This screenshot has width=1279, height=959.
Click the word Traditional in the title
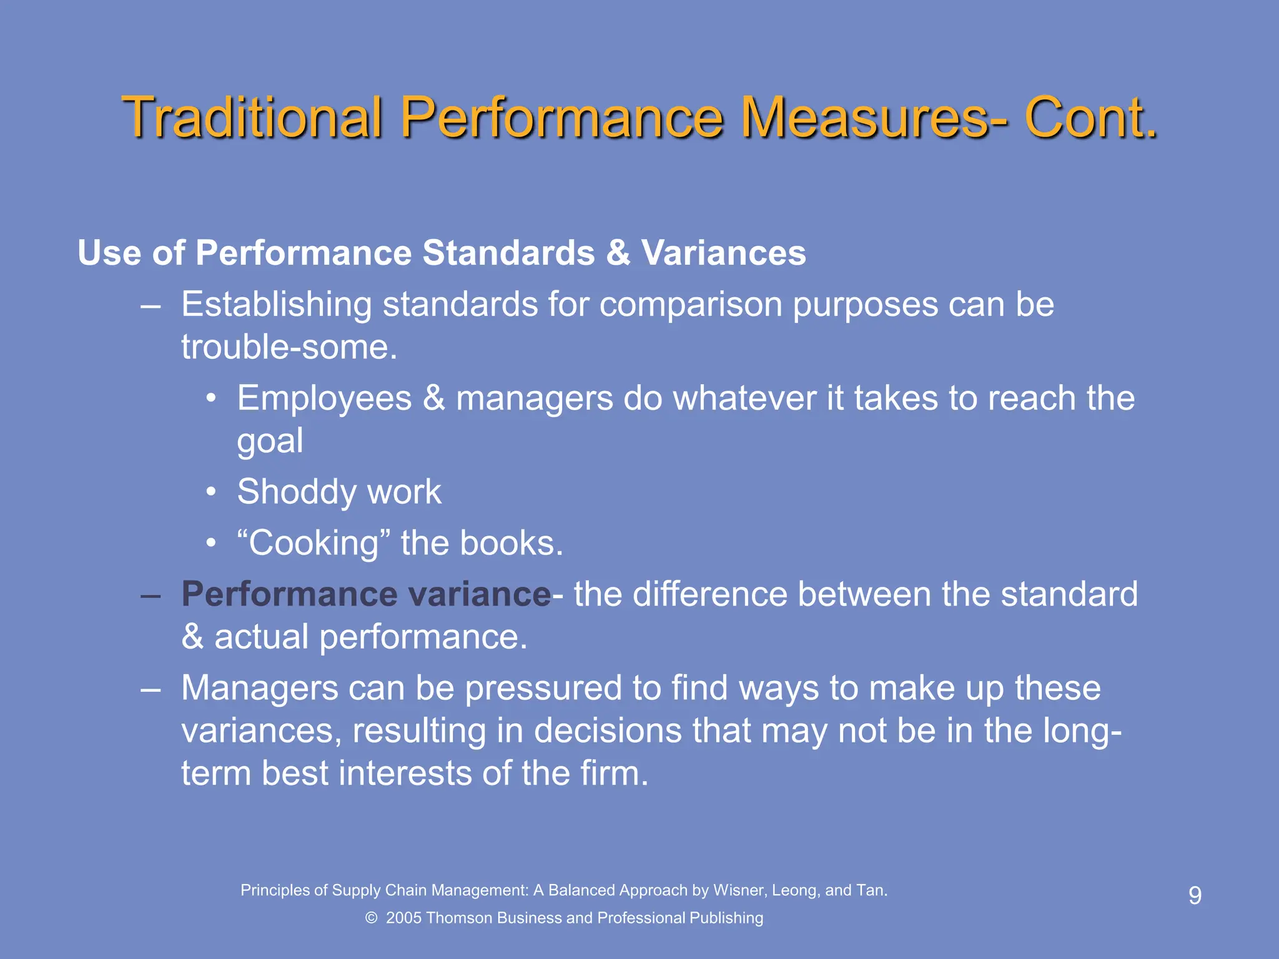pyautogui.click(x=252, y=117)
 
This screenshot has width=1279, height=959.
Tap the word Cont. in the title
pyautogui.click(x=1091, y=117)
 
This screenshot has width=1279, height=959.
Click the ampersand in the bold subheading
pyautogui.click(x=618, y=253)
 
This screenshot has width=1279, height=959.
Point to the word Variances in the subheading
pyautogui.click(x=724, y=253)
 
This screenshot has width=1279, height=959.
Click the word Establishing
pyautogui.click(x=277, y=305)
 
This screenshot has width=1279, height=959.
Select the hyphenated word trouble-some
pyautogui.click(x=289, y=347)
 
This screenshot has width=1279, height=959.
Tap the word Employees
pyautogui.click(x=324, y=398)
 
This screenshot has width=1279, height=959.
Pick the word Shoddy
pyautogui.click(x=295, y=492)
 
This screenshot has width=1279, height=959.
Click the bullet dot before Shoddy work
pyautogui.click(x=212, y=493)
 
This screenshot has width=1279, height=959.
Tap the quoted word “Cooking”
pyautogui.click(x=308, y=543)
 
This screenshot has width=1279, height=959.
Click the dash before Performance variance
pyautogui.click(x=151, y=594)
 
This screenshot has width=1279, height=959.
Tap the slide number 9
pyautogui.click(x=1195, y=896)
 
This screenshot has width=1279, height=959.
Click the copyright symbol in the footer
pyautogui.click(x=372, y=918)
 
